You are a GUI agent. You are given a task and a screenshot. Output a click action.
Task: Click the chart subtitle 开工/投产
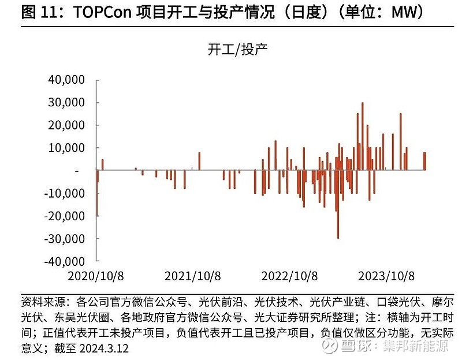click(237, 50)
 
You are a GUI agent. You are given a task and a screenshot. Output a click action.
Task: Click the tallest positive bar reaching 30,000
click(362, 136)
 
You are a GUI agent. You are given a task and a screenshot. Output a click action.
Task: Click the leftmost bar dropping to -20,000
click(96, 193)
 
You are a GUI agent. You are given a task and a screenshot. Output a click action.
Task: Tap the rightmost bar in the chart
click(424, 161)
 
